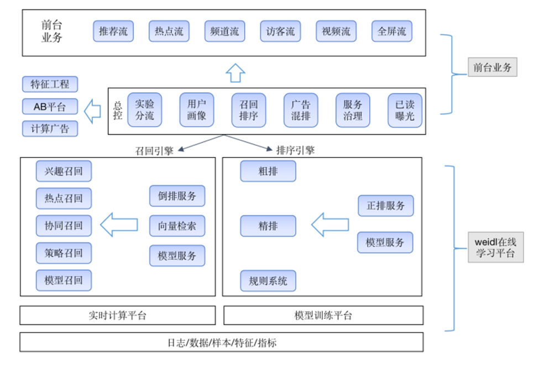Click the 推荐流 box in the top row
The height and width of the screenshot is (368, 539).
113,31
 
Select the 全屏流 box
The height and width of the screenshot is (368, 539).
391,31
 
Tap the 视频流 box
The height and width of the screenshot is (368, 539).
336,31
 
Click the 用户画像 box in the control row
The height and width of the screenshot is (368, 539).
196,110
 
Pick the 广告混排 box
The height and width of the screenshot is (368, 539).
301,110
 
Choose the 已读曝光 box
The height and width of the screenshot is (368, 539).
405,110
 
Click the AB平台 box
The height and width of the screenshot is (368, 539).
50,107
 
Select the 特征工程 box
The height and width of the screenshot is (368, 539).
50,85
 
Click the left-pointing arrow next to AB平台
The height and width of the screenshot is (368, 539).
92,109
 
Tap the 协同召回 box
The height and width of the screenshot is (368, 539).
64,225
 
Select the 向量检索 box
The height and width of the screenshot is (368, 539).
177,225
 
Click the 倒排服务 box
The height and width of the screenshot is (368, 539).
177,196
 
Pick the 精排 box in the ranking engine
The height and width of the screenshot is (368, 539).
268,225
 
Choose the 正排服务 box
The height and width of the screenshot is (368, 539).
385,206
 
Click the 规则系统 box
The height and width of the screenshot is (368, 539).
268,281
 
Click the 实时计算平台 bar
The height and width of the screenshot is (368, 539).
118,316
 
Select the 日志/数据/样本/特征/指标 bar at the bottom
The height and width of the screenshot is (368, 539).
222,342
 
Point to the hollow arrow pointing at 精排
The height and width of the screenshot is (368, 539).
330,224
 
